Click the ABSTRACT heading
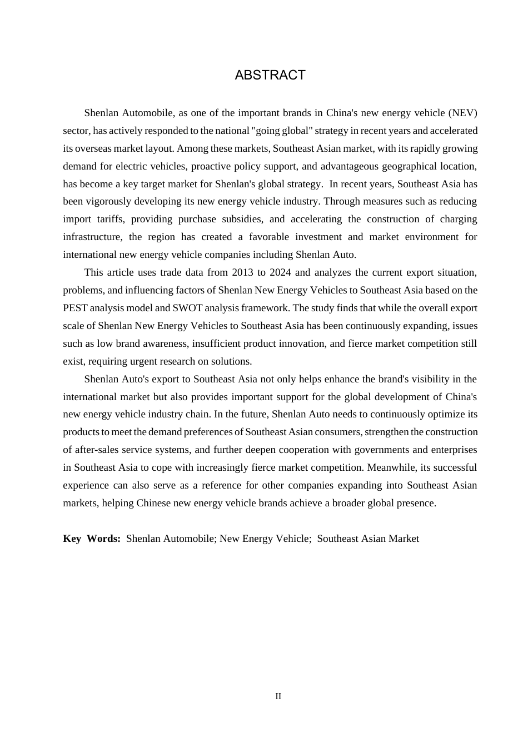(270, 76)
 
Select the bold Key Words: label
(92, 539)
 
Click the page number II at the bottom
(278, 696)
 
